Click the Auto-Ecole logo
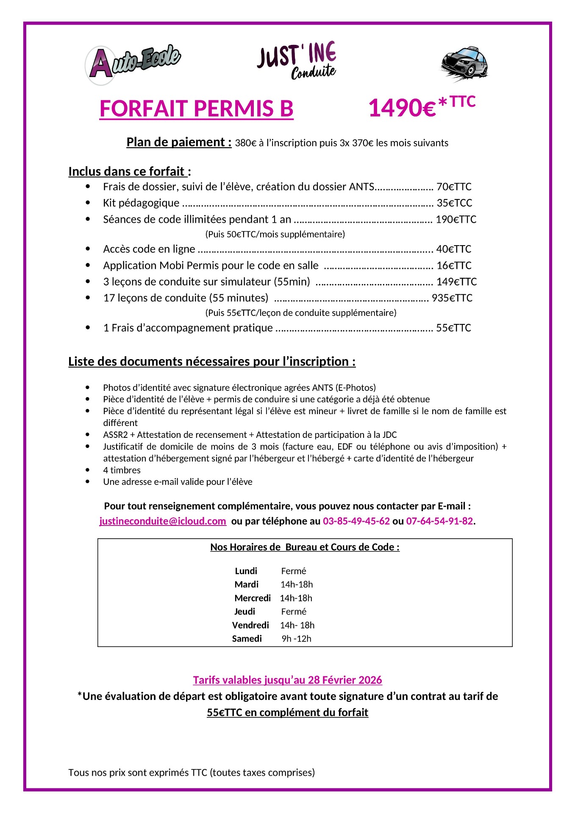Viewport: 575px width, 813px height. coord(133,64)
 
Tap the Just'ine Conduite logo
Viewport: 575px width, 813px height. coord(297,61)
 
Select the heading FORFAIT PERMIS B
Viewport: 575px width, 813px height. coord(196,108)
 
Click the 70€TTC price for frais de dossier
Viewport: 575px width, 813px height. coord(454,187)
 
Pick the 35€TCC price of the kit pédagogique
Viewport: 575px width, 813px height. coord(454,203)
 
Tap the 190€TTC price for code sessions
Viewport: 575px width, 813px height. coord(456,219)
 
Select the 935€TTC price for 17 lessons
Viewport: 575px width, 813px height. coord(452,298)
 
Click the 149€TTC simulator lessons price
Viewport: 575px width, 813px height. coord(456,282)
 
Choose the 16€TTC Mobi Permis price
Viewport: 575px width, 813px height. coord(454,265)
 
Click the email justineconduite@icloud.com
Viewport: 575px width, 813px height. coord(163,521)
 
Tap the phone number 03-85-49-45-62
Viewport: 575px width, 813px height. coord(356,521)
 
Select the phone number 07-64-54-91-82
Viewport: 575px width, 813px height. coord(439,521)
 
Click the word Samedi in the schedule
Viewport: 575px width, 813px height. coord(247,639)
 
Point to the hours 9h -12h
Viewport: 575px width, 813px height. coord(296,639)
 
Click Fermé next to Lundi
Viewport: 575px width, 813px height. coord(293,571)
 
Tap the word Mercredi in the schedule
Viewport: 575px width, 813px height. coord(253,598)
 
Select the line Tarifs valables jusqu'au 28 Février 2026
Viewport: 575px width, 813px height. coord(287,680)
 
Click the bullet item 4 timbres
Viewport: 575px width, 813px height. coord(122,470)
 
